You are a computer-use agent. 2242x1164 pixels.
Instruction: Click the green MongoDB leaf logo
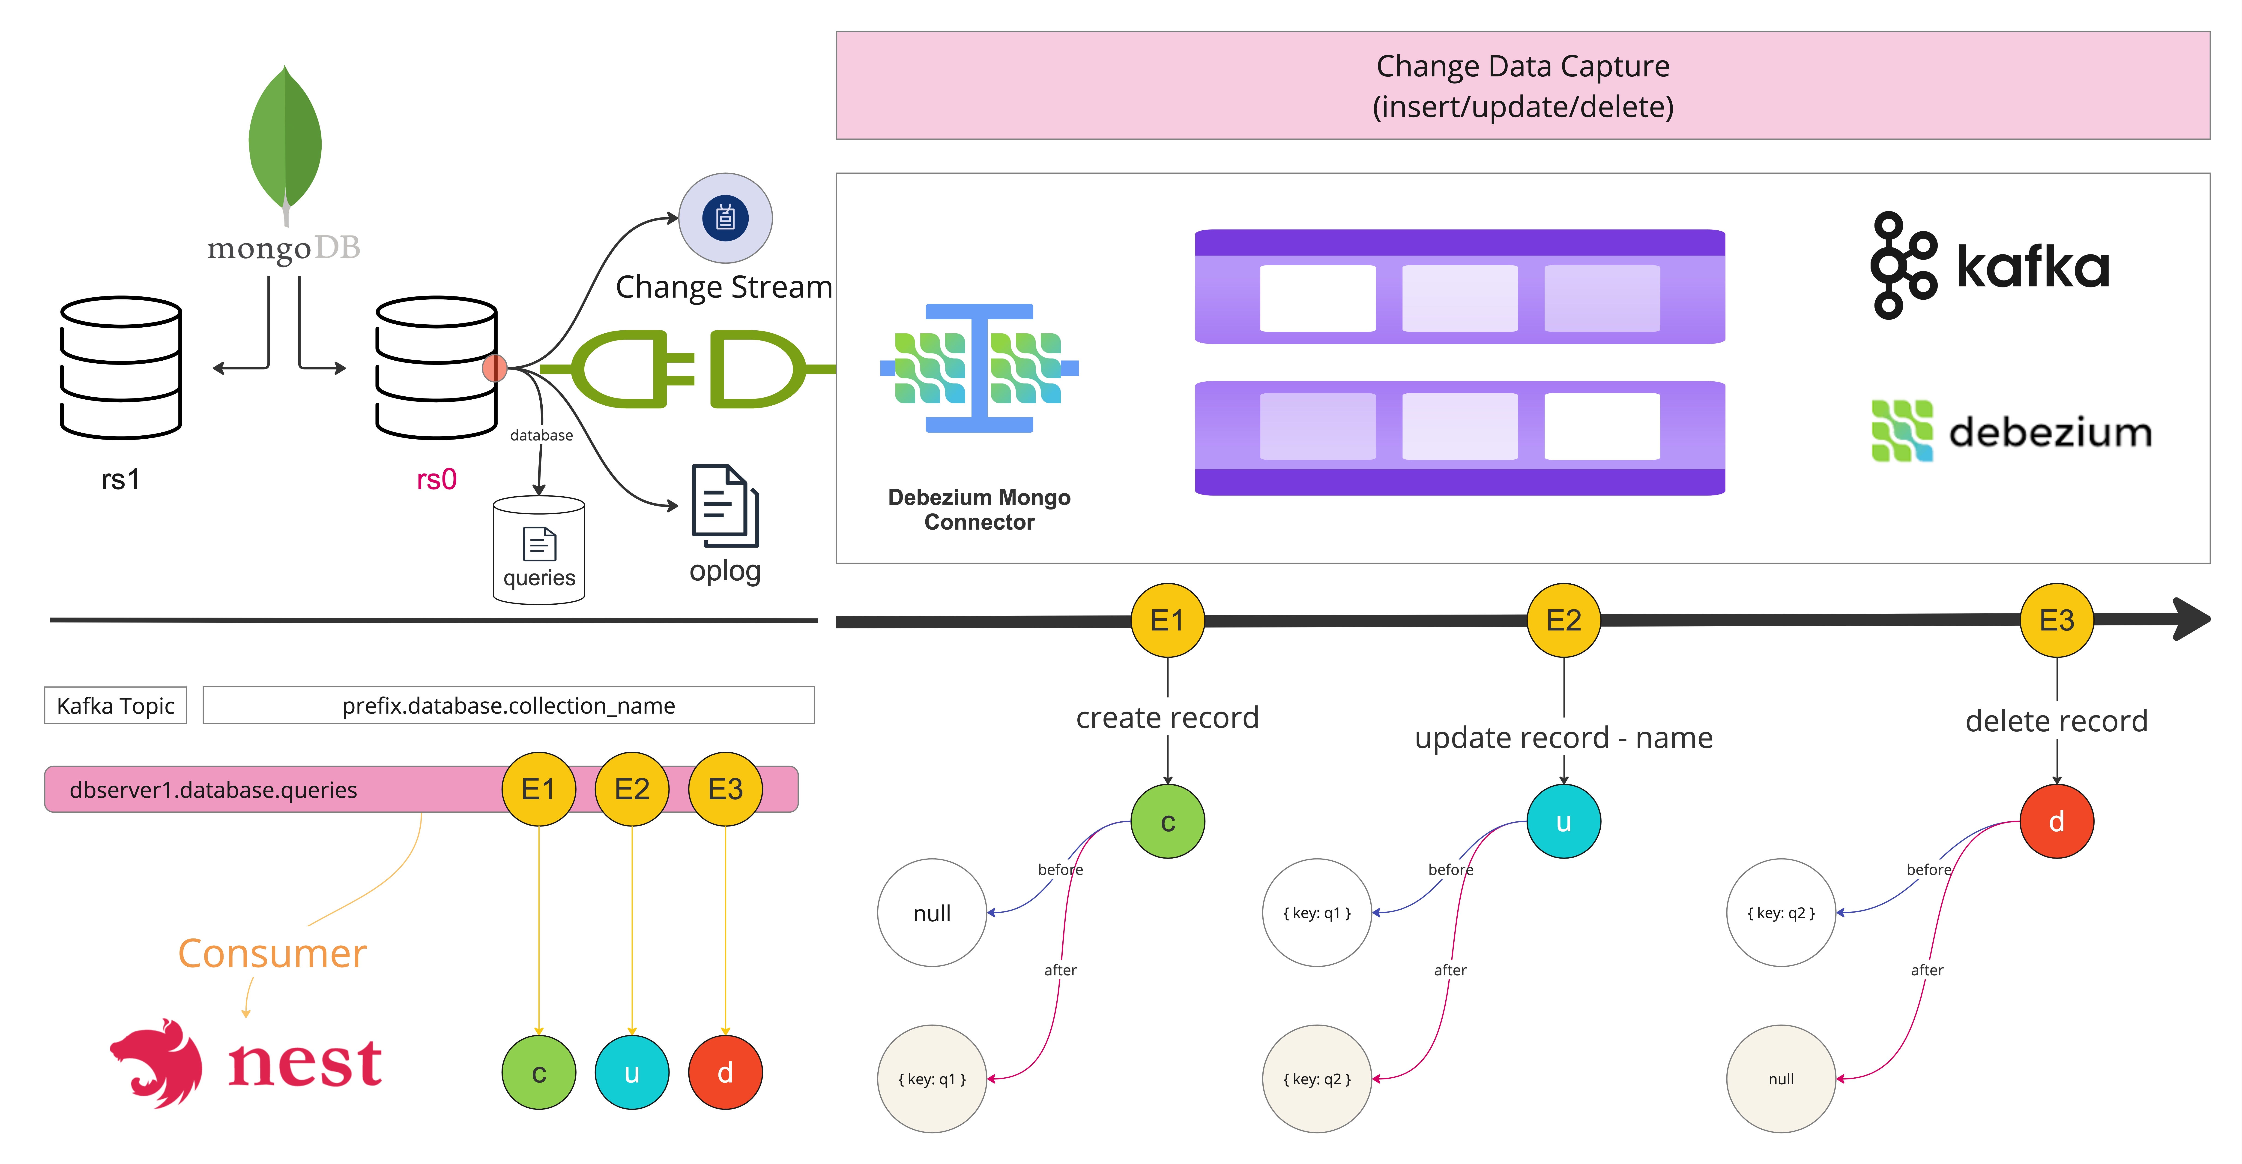pos(285,139)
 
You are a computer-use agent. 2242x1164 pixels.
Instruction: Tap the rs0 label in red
pos(436,480)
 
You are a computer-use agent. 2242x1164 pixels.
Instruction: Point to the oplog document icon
pos(724,505)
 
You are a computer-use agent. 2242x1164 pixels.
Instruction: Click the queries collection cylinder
pos(539,550)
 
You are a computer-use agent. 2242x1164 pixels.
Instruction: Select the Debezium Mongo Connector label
pos(979,509)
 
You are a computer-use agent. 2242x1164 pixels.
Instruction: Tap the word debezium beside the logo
pos(2050,433)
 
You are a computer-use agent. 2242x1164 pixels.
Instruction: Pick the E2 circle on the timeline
pos(1563,620)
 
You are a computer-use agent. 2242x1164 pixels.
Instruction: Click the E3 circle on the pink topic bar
pos(725,789)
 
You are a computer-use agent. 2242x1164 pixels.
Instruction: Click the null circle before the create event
pos(931,912)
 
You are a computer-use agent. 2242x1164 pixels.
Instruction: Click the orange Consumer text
pos(272,953)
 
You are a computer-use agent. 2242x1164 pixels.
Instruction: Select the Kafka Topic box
pos(116,705)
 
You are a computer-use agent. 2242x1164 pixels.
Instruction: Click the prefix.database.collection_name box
pos(508,705)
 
